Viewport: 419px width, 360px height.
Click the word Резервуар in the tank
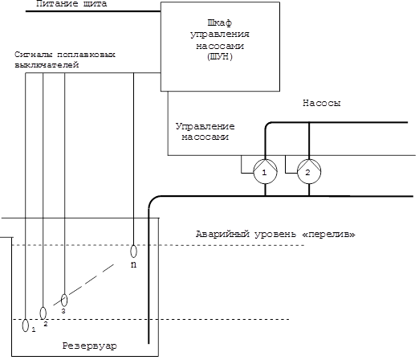tap(90, 346)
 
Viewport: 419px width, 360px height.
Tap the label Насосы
tap(322, 103)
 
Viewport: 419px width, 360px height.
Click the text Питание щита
tap(71, 4)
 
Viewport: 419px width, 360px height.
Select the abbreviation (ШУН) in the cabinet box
tap(220, 57)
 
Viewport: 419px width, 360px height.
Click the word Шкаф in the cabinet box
tap(220, 22)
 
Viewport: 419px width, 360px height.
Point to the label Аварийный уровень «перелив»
tap(275, 235)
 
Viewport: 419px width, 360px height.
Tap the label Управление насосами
tap(205, 132)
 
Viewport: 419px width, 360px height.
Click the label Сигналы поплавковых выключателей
tap(65, 59)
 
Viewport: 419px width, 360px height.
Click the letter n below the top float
tap(133, 264)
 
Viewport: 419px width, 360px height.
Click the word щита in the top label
tap(95, 4)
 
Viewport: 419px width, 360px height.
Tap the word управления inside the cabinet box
tap(220, 35)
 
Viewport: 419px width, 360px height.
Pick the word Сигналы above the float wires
tap(34, 55)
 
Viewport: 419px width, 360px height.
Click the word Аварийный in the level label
tap(222, 235)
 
